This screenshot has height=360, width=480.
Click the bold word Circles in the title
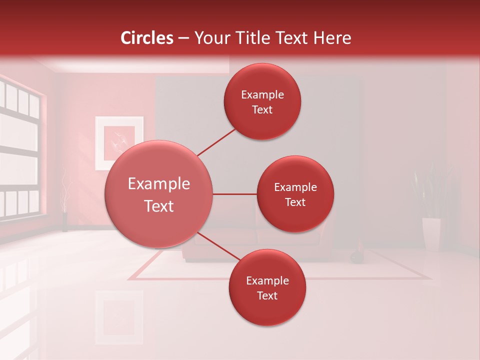pyautogui.click(x=147, y=38)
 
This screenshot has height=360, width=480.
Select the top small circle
pyautogui.click(x=262, y=101)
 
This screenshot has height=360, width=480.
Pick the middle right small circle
pyautogui.click(x=295, y=194)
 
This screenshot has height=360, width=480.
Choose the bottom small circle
pyautogui.click(x=267, y=287)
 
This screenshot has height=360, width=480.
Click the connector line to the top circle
pyautogui.click(x=216, y=142)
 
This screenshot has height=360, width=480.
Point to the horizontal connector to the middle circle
pyautogui.click(x=234, y=194)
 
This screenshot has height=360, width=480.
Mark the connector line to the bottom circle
pyautogui.click(x=218, y=246)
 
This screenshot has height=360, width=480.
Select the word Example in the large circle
pyautogui.click(x=159, y=184)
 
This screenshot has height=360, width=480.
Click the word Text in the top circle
pyautogui.click(x=262, y=109)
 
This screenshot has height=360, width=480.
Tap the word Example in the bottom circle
pyautogui.click(x=267, y=280)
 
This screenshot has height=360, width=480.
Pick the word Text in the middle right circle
pyautogui.click(x=295, y=202)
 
